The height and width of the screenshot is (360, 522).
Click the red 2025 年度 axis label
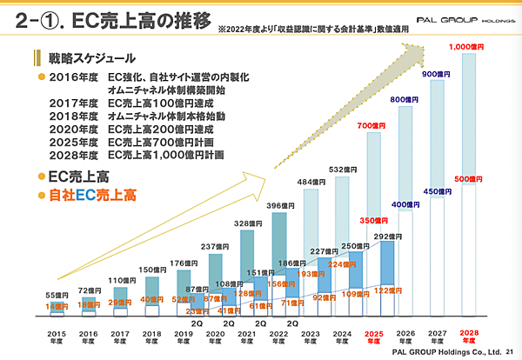tap(374, 337)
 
